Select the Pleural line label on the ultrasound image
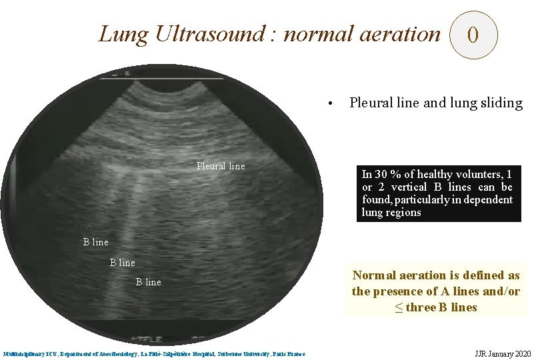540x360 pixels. click(x=221, y=166)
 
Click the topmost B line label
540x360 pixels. click(x=95, y=242)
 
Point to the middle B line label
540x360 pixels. click(x=122, y=263)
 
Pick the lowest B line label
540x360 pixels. click(x=149, y=282)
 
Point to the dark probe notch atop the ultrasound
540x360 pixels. click(x=167, y=84)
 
